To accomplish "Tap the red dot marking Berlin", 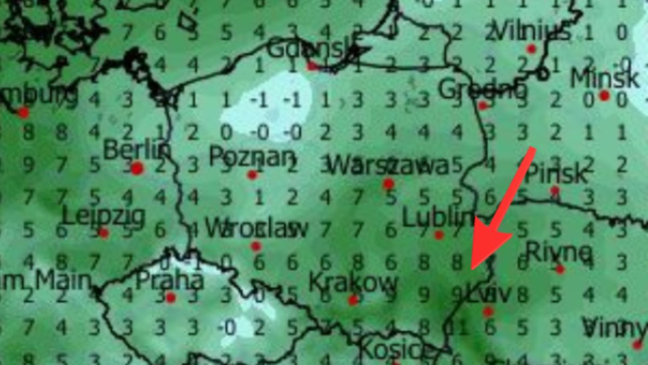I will pyautogui.click(x=137, y=168).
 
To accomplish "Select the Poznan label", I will pyautogui.click(x=252, y=157).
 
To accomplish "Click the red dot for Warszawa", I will pyautogui.click(x=388, y=184).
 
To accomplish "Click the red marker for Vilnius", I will pyautogui.click(x=531, y=49).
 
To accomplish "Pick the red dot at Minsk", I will pyautogui.click(x=604, y=96).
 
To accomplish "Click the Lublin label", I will pyautogui.click(x=438, y=218).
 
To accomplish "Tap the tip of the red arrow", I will pyautogui.click(x=472, y=268).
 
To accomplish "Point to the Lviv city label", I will pyautogui.click(x=488, y=295).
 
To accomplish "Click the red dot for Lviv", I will pyautogui.click(x=488, y=311).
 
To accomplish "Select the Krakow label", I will pyautogui.click(x=353, y=282).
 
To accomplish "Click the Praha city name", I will pyautogui.click(x=170, y=281).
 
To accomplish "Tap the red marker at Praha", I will pyautogui.click(x=171, y=297).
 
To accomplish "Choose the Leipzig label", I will pyautogui.click(x=104, y=217).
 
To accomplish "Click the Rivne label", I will pyautogui.click(x=559, y=251).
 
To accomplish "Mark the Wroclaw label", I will pyautogui.click(x=256, y=229).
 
